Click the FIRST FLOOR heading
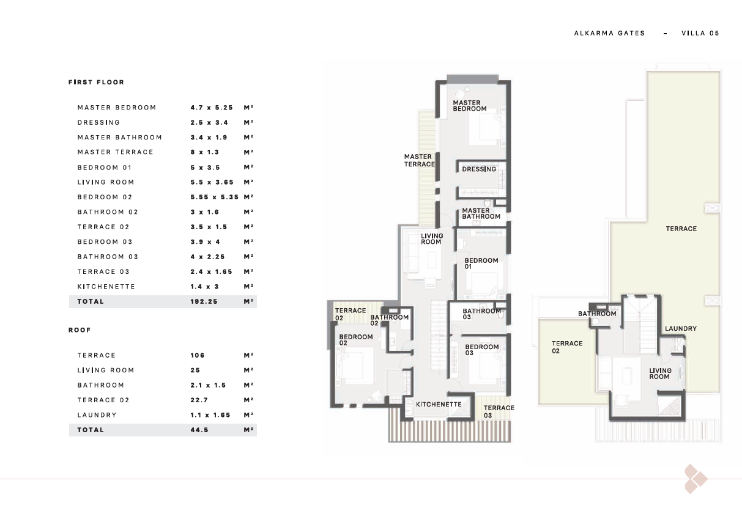[x=96, y=82]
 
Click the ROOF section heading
[x=80, y=330]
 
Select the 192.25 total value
[x=204, y=301]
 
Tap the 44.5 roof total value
[x=199, y=430]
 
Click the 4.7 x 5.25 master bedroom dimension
[x=212, y=108]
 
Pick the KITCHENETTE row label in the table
[x=106, y=287]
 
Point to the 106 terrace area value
[x=198, y=356]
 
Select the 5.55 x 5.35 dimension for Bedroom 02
[x=214, y=197]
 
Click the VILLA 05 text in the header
[x=700, y=33]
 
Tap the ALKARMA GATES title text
[x=609, y=33]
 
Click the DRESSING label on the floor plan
[x=479, y=169]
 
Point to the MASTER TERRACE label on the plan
[x=420, y=160]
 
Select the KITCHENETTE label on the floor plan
[x=439, y=405]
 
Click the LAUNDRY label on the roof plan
[x=681, y=329]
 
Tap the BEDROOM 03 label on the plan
[x=482, y=350]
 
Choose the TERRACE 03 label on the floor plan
[x=499, y=412]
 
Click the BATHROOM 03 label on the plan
[x=481, y=314]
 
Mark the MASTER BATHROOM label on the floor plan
[x=481, y=213]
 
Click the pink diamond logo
[x=696, y=479]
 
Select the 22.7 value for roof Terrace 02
[x=199, y=400]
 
